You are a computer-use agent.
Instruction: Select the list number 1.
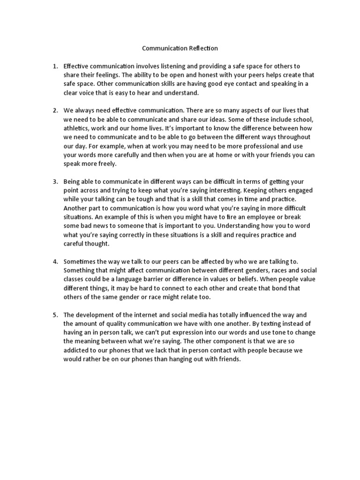55,66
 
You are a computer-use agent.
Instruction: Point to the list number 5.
55,315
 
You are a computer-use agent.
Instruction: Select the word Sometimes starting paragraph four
81,262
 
